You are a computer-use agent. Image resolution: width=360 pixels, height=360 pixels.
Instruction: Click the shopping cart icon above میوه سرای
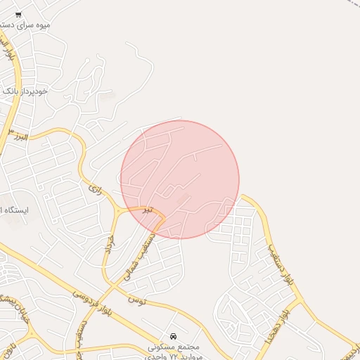18,15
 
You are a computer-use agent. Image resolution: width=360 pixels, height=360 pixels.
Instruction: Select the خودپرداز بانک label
26,91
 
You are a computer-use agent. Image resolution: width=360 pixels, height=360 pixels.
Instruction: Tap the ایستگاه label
14,210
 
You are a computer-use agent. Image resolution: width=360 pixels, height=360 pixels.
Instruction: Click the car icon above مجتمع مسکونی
174,336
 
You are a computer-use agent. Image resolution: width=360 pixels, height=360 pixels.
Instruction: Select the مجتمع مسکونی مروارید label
174,351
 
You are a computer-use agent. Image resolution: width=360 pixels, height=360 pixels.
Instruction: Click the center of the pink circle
180,179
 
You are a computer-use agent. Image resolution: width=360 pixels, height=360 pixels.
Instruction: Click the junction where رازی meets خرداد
116,210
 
